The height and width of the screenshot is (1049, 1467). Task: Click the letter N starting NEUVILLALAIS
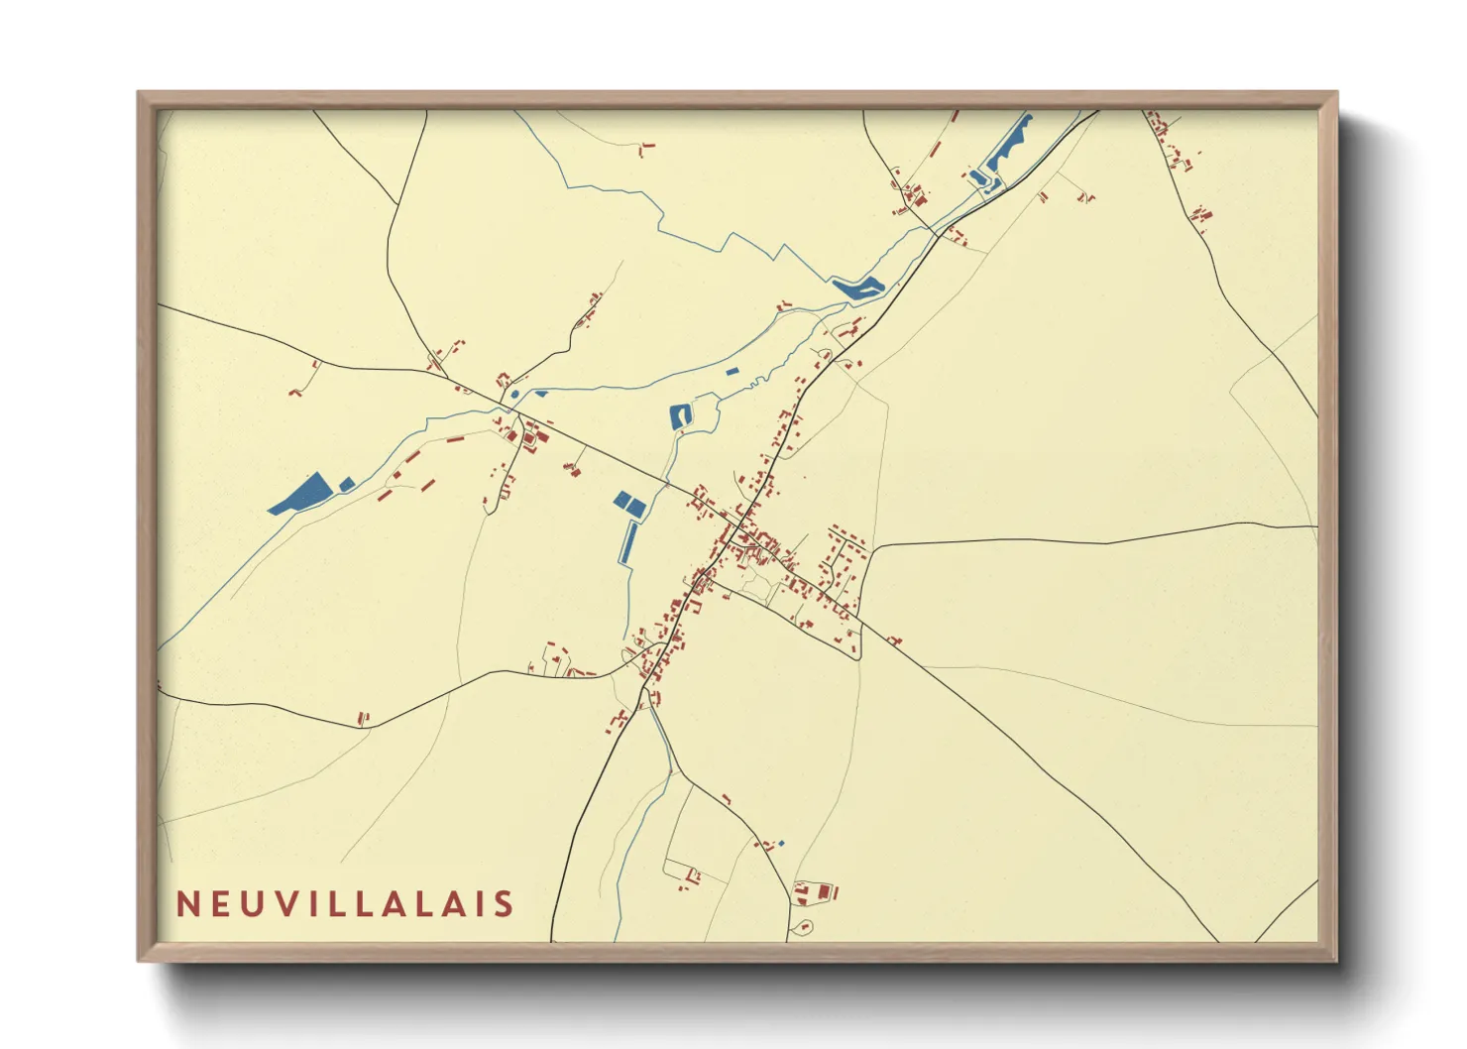(188, 904)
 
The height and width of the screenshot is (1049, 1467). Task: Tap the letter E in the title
(221, 904)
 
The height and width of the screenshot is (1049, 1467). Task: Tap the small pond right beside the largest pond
(347, 484)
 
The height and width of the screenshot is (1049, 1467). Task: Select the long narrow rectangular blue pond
(628, 541)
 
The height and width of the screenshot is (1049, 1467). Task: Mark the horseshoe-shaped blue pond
(681, 416)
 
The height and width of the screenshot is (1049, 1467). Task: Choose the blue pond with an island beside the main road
(858, 288)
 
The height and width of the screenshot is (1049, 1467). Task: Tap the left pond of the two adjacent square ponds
(622, 499)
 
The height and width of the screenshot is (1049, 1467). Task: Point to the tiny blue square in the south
(781, 844)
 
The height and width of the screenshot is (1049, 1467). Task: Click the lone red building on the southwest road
(363, 718)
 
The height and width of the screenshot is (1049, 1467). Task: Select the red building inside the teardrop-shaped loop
(803, 928)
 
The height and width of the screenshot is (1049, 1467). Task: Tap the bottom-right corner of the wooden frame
(1336, 960)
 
